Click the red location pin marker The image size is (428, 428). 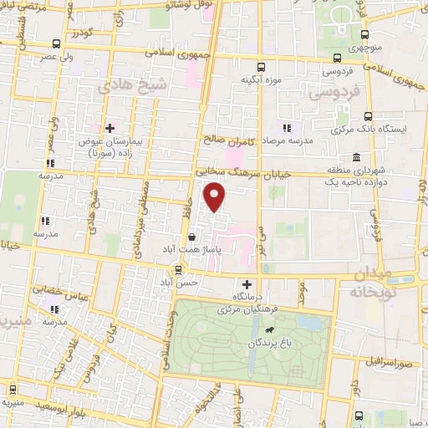(x=216, y=197)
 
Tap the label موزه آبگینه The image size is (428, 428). (x=260, y=79)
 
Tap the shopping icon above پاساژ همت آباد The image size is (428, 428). (x=193, y=237)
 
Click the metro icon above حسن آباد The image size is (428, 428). (x=177, y=270)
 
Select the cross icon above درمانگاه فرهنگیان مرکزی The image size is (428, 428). (x=247, y=284)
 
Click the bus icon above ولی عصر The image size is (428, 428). (x=56, y=43)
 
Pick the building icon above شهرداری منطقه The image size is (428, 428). (x=356, y=157)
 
